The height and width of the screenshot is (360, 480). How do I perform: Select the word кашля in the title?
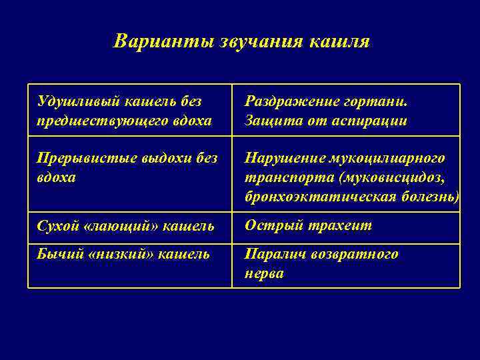[341, 41]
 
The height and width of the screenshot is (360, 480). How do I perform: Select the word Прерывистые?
[79, 158]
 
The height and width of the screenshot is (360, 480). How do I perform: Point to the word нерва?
[264, 273]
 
